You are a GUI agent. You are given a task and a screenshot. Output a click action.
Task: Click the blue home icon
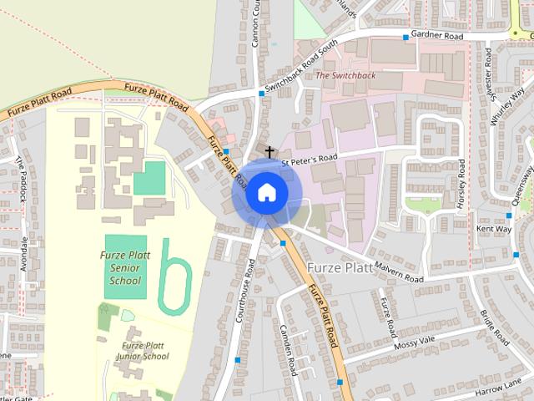266,193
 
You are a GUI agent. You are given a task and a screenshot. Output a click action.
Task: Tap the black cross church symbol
270,152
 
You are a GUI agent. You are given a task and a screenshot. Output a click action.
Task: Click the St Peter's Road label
309,157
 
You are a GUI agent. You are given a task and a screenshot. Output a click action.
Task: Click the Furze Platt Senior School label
126,268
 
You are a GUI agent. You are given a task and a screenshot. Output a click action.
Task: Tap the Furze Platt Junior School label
144,350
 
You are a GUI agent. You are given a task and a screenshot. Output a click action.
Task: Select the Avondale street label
25,254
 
